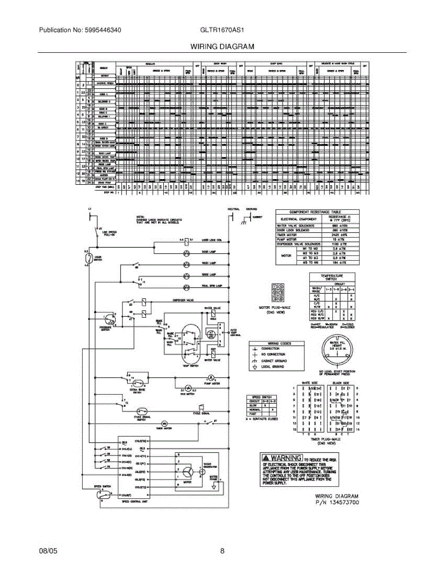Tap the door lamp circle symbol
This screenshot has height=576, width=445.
(186, 252)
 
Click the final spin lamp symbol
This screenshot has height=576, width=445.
(186, 286)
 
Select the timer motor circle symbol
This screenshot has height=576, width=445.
(164, 423)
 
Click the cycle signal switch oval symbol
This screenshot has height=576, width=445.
(142, 411)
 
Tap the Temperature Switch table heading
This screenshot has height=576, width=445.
(332, 277)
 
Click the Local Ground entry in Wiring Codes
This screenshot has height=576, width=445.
(272, 367)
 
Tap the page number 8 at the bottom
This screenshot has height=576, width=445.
(222, 551)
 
